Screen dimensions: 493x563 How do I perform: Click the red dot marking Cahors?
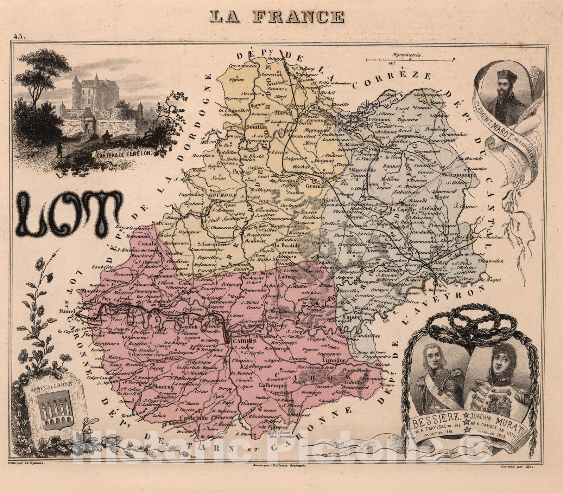228,341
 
